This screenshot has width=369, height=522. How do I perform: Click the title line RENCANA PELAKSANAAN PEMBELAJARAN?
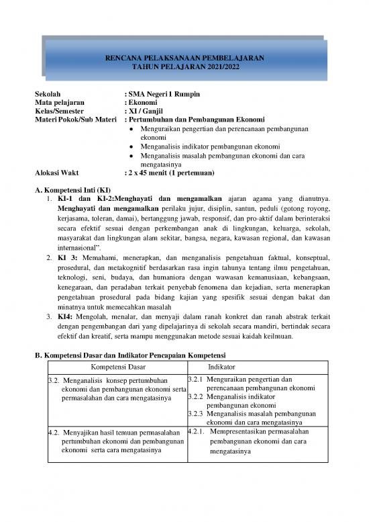185,58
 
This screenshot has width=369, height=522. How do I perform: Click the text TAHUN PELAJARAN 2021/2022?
185,68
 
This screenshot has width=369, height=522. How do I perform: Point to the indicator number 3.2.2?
195,397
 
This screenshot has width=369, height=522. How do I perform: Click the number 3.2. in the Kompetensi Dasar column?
56,381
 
